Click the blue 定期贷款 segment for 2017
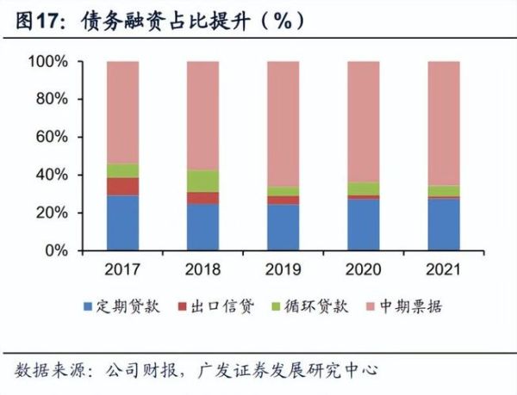(122, 223)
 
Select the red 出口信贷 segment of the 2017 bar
(122, 187)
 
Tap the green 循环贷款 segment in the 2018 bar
(202, 181)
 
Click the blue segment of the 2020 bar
(363, 225)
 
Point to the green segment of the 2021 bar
(443, 191)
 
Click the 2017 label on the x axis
(122, 268)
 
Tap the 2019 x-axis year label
(283, 268)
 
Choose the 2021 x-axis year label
(443, 268)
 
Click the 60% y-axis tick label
(52, 137)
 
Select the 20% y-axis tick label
(52, 213)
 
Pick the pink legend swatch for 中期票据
(377, 307)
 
